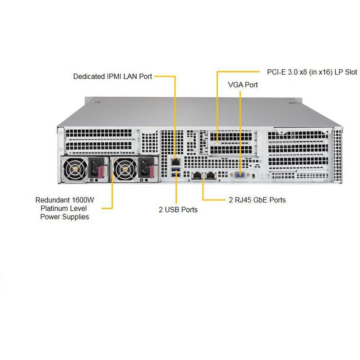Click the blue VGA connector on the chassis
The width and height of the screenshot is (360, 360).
pos(239,175)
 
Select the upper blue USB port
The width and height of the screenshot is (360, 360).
pos(175,168)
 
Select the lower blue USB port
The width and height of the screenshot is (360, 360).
pos(175,174)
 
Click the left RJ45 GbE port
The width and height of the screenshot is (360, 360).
pos(197,175)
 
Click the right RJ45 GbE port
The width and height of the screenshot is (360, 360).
pos(210,175)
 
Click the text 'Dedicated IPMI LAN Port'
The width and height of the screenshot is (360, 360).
pos(112,76)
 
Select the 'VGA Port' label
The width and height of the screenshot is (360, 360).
pos(243,85)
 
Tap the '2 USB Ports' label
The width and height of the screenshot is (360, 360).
pos(178,210)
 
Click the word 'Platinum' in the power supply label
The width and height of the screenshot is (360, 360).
pos(54,208)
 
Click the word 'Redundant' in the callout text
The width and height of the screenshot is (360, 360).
pos(51,200)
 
